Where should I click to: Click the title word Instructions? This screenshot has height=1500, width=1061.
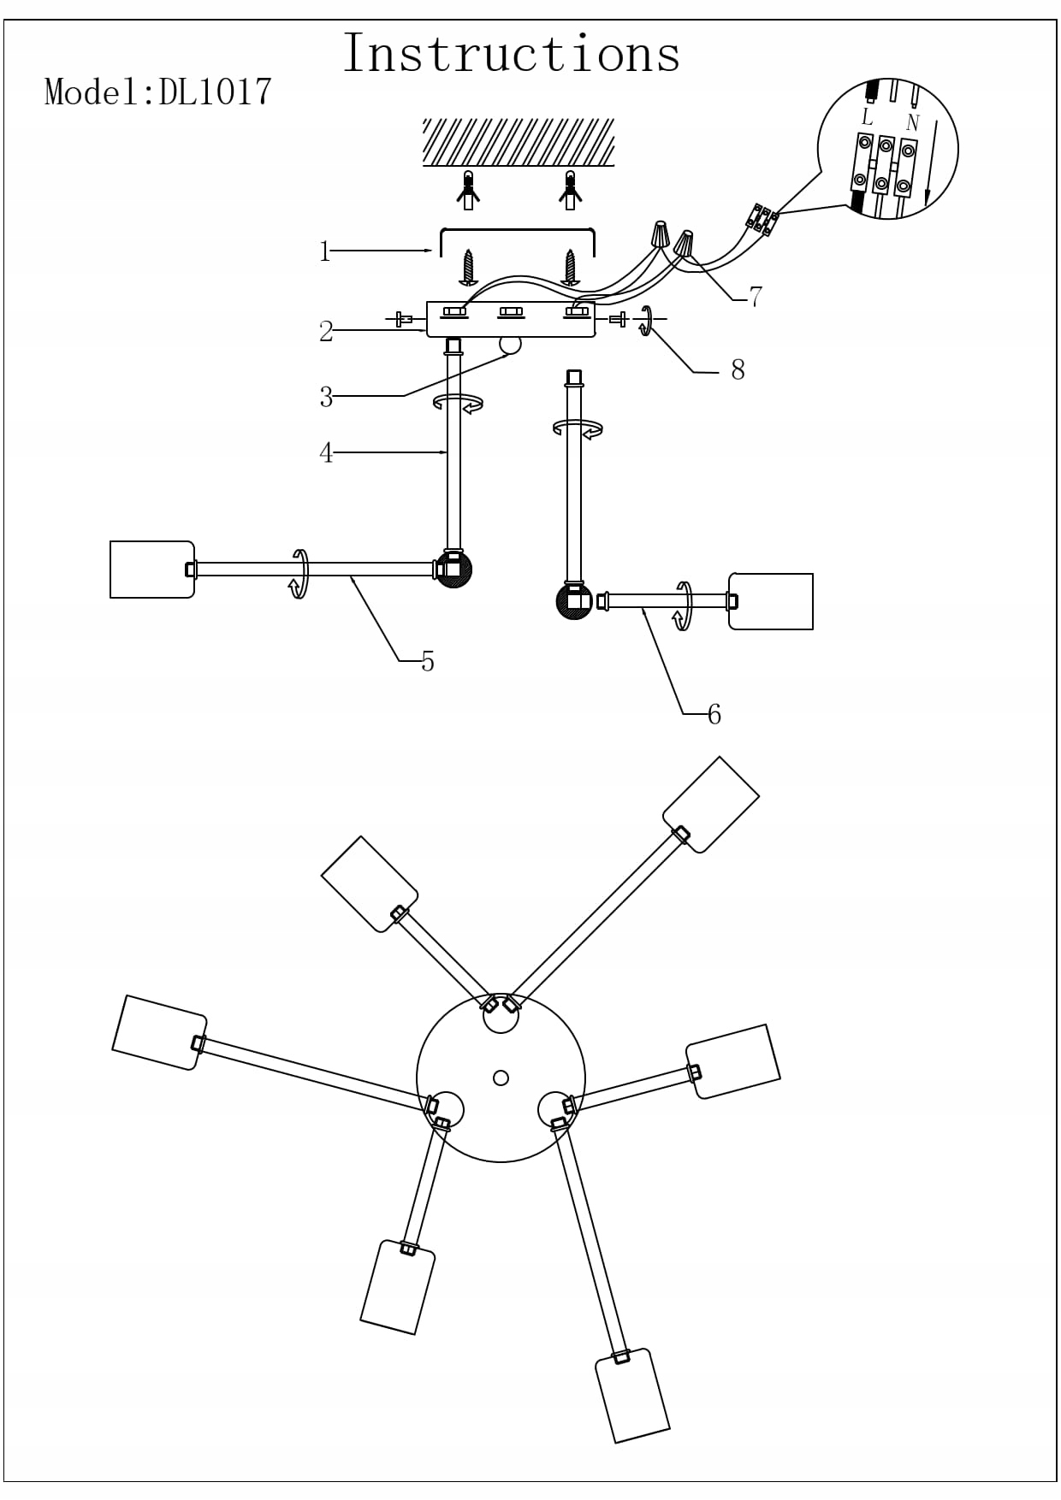(x=512, y=53)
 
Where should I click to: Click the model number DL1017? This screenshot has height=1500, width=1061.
(x=215, y=92)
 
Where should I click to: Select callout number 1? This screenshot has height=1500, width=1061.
(x=324, y=251)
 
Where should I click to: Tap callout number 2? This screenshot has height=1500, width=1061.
(x=326, y=331)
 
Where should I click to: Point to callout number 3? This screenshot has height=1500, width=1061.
(x=326, y=397)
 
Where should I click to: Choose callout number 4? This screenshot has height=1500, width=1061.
(x=326, y=452)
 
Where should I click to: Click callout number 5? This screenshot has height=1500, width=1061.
(x=428, y=661)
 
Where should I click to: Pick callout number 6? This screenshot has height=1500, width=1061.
(x=714, y=714)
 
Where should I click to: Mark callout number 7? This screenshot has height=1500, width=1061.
(x=756, y=297)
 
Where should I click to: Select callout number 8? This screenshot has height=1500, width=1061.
(x=738, y=369)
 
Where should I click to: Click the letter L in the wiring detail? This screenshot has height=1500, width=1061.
(x=867, y=117)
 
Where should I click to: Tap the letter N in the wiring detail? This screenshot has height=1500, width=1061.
(x=912, y=123)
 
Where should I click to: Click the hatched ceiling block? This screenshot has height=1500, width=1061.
(x=519, y=142)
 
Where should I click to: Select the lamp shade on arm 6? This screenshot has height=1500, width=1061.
(x=771, y=601)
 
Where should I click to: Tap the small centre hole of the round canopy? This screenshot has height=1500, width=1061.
(x=501, y=1078)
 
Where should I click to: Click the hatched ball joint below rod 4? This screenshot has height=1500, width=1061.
(x=454, y=569)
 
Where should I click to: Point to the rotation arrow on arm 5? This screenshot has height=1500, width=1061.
(x=299, y=574)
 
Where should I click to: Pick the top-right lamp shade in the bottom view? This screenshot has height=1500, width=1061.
(x=711, y=805)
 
